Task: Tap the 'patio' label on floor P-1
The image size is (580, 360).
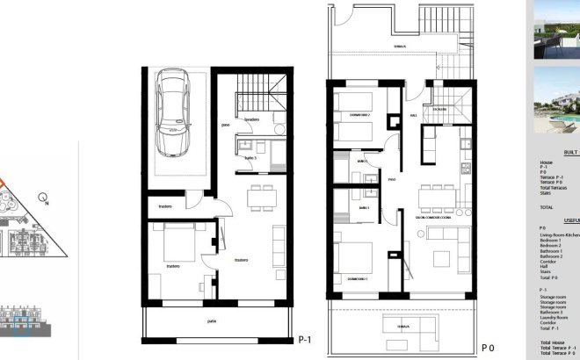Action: click(x=212, y=321)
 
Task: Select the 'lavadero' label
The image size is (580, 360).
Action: click(x=251, y=118)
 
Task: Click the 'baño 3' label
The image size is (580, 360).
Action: click(x=250, y=158)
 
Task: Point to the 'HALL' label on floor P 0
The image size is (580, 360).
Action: click(x=412, y=115)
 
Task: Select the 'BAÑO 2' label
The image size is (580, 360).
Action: click(x=362, y=162)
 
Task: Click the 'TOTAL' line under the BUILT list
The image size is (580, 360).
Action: click(x=547, y=207)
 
